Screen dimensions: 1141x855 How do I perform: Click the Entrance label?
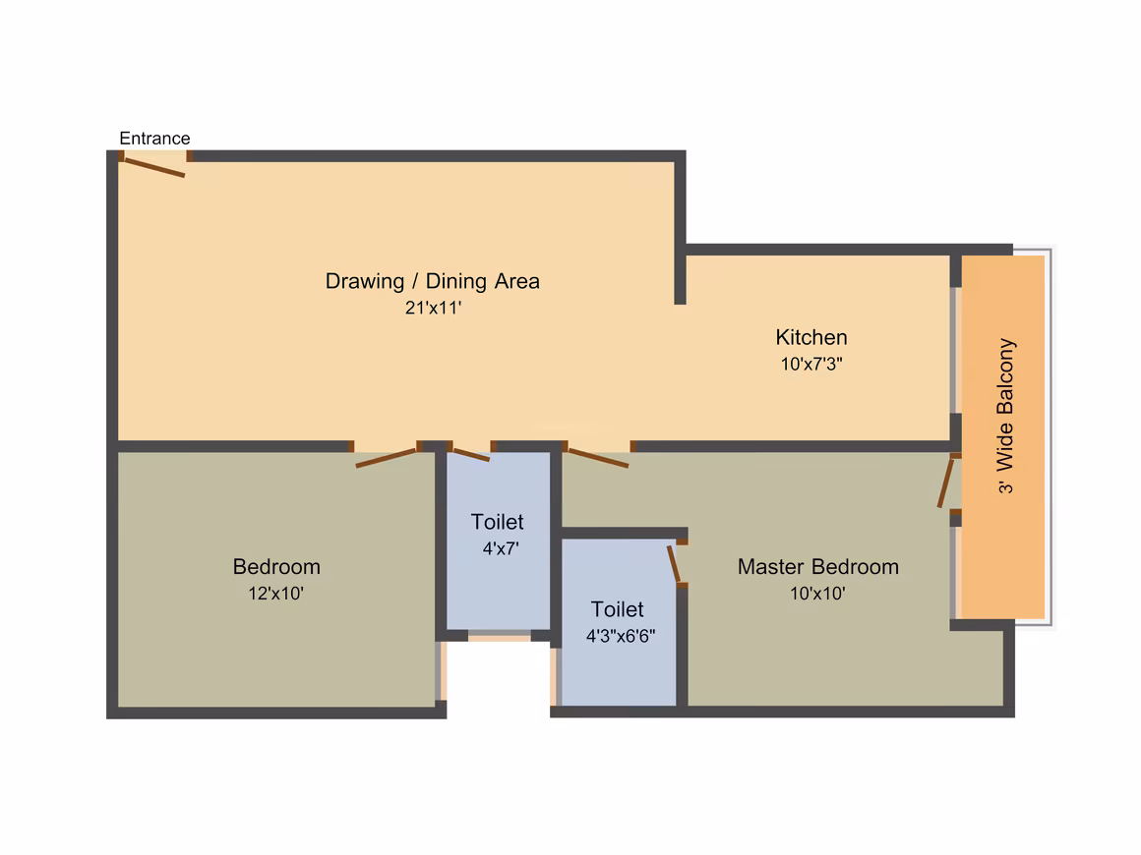tap(154, 139)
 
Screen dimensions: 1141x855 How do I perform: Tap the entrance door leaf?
tap(152, 167)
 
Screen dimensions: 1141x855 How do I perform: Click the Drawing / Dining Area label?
tap(432, 281)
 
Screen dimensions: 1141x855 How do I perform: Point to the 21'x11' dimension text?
tap(433, 308)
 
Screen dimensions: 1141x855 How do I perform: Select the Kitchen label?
tap(811, 337)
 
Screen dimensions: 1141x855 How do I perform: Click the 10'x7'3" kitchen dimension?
tap(811, 364)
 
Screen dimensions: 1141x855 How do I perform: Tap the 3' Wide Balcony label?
tap(1005, 416)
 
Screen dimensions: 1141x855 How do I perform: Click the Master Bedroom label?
tap(818, 566)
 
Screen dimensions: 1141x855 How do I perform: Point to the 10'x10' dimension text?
tap(817, 594)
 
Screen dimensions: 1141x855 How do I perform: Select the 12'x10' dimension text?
tap(275, 594)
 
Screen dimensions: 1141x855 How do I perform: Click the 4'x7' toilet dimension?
tap(501, 548)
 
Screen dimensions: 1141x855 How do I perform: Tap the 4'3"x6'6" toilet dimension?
tap(621, 636)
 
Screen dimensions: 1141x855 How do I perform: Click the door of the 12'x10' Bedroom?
tap(386, 457)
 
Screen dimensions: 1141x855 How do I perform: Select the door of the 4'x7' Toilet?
tap(471, 455)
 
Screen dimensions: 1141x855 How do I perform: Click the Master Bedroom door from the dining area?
tap(598, 458)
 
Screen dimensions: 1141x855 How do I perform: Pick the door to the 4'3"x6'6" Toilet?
tap(674, 564)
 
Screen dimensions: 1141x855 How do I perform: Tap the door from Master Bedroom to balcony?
tap(945, 482)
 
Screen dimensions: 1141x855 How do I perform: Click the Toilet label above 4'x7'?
tap(497, 522)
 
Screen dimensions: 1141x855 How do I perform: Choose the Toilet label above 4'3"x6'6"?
tap(617, 609)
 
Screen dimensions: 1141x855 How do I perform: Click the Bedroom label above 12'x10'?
tap(276, 566)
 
